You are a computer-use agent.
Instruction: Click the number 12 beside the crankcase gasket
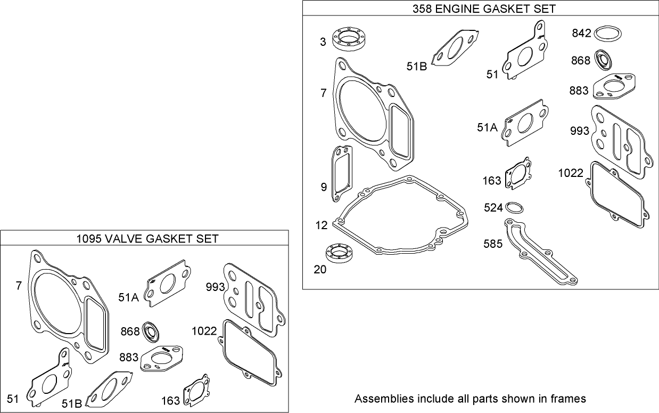[322, 225]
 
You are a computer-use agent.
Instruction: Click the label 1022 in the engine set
[571, 173]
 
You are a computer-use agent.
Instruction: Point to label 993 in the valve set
[215, 287]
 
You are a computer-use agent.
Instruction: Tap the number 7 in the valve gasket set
[19, 286]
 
